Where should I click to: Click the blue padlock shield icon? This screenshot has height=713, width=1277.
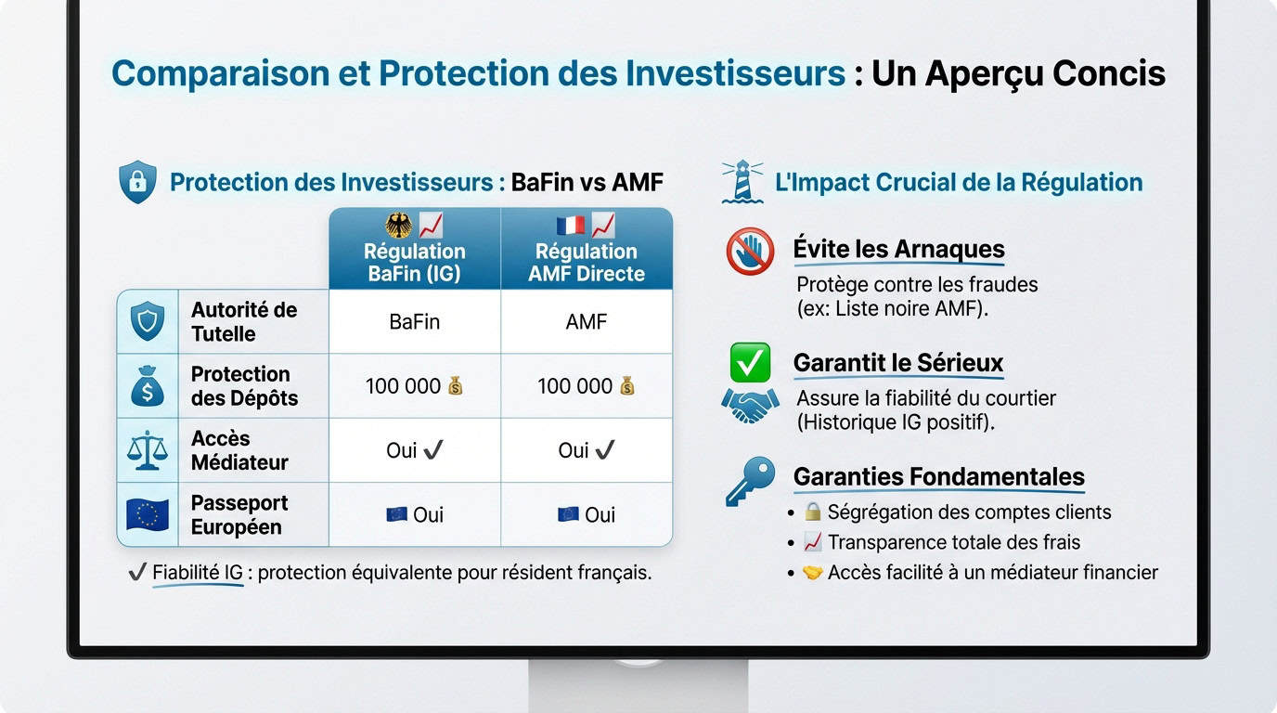(137, 182)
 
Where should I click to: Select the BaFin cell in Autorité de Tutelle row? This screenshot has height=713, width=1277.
(414, 322)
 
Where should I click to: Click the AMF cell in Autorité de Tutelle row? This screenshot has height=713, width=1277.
(586, 322)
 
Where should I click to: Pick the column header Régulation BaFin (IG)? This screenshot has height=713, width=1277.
(414, 263)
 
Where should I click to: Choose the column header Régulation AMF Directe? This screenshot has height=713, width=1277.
(586, 263)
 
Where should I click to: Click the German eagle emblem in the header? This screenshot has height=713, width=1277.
(398, 226)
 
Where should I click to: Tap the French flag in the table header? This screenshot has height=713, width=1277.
(570, 226)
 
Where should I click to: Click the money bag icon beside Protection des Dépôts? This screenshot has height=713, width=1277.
(148, 386)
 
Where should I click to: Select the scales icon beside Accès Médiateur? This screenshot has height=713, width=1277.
(148, 450)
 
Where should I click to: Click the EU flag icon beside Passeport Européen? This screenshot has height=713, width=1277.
(148, 514)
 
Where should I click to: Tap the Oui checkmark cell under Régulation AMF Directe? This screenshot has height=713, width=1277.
(586, 450)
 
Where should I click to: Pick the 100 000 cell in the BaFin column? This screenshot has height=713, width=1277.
(414, 386)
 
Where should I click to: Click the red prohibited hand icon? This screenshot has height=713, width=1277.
(750, 252)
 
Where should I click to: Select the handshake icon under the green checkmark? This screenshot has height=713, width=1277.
(750, 405)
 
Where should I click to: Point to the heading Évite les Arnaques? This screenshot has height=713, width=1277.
(898, 249)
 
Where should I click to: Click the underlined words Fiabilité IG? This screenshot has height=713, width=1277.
(197, 573)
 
